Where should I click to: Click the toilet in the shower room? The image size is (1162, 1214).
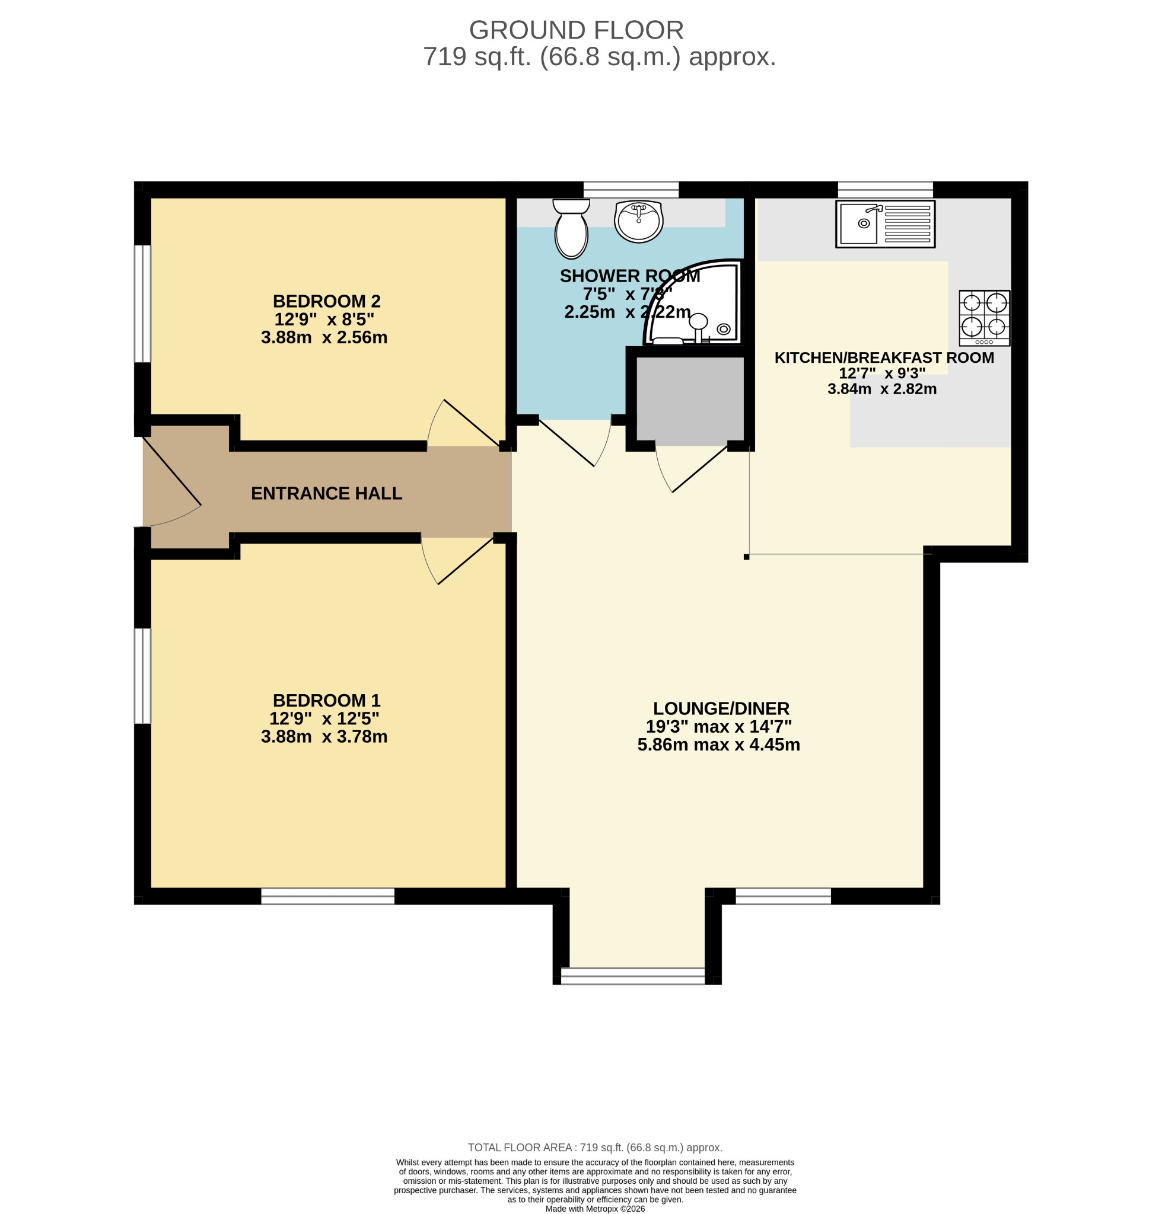tap(571, 228)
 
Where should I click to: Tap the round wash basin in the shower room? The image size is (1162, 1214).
tap(639, 221)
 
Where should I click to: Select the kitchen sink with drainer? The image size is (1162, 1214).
tap(885, 223)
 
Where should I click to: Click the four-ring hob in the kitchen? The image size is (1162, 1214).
tap(984, 318)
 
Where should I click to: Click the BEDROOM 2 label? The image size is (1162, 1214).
tap(326, 302)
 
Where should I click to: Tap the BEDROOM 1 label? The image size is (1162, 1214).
tap(326, 701)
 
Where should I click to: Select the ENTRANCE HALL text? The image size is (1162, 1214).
tap(326, 493)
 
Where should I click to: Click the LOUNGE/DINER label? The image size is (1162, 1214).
tap(721, 709)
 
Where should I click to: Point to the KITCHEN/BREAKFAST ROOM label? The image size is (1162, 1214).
tap(884, 358)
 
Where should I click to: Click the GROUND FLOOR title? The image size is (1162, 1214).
tap(576, 30)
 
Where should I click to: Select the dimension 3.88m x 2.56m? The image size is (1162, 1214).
tap(324, 337)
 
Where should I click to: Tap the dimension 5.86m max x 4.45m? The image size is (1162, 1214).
tap(718, 745)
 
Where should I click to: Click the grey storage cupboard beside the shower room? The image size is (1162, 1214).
tap(689, 401)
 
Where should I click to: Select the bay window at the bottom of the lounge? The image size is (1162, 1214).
tap(632, 976)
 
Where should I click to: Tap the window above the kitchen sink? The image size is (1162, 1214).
tap(885, 189)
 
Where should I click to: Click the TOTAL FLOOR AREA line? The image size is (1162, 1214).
tap(594, 1147)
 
